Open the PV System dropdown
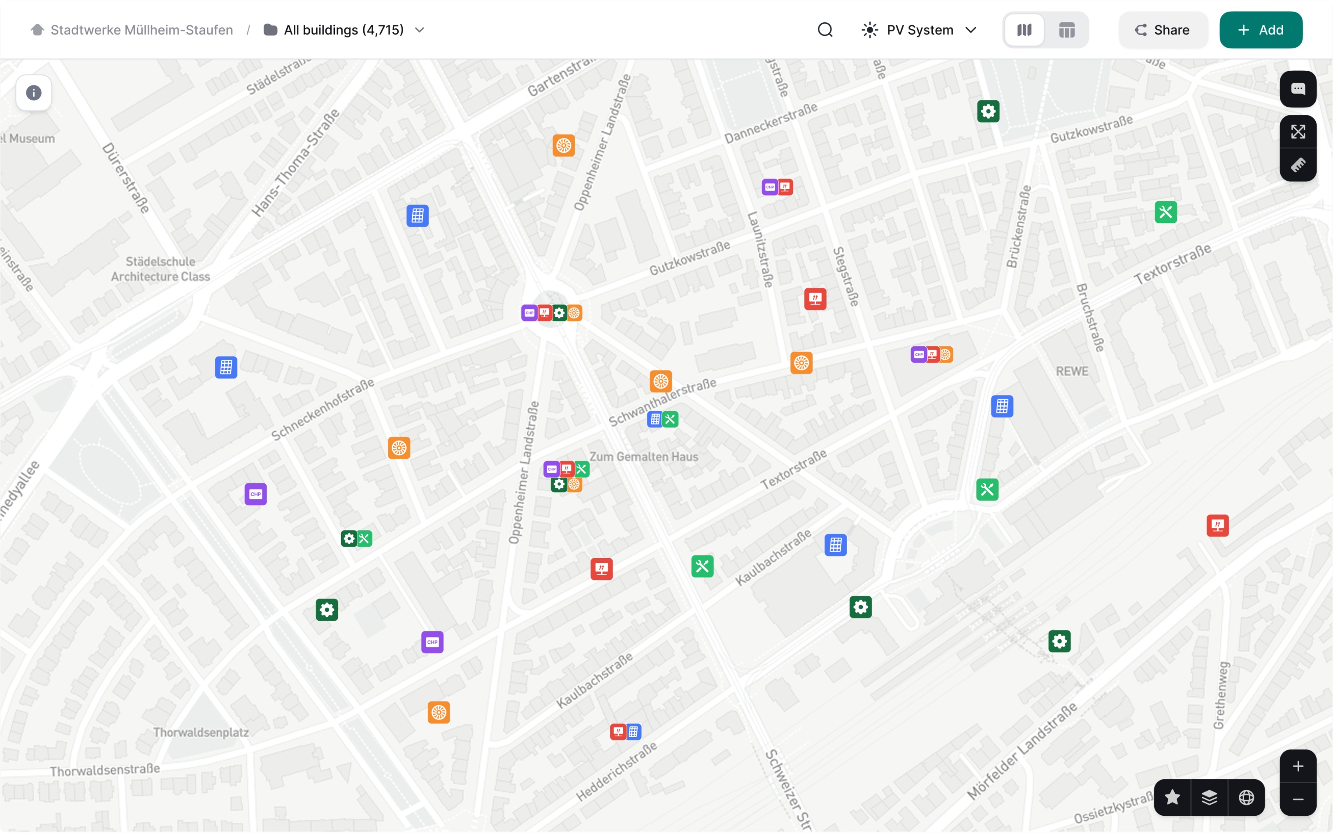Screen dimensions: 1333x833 coord(919,30)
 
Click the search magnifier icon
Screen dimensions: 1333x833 coord(824,30)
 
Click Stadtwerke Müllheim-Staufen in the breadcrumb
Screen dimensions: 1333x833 coord(141,30)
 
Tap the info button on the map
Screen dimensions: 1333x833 coord(34,93)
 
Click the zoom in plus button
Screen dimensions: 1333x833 coord(1298,766)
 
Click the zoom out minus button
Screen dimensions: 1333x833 coord(1298,799)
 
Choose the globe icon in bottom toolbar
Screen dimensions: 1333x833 coord(1246,797)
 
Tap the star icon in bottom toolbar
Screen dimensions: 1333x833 coord(1172,797)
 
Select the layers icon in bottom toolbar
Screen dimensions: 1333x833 coord(1209,797)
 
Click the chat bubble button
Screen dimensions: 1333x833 coord(1298,89)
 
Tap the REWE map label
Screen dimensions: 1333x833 coord(1072,371)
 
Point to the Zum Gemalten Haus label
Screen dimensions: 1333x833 coord(643,457)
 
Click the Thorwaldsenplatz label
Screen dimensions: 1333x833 coord(201,732)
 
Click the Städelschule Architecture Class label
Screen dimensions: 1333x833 coord(160,269)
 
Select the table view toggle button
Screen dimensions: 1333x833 coord(1066,30)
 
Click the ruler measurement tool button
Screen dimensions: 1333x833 coord(1298,165)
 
